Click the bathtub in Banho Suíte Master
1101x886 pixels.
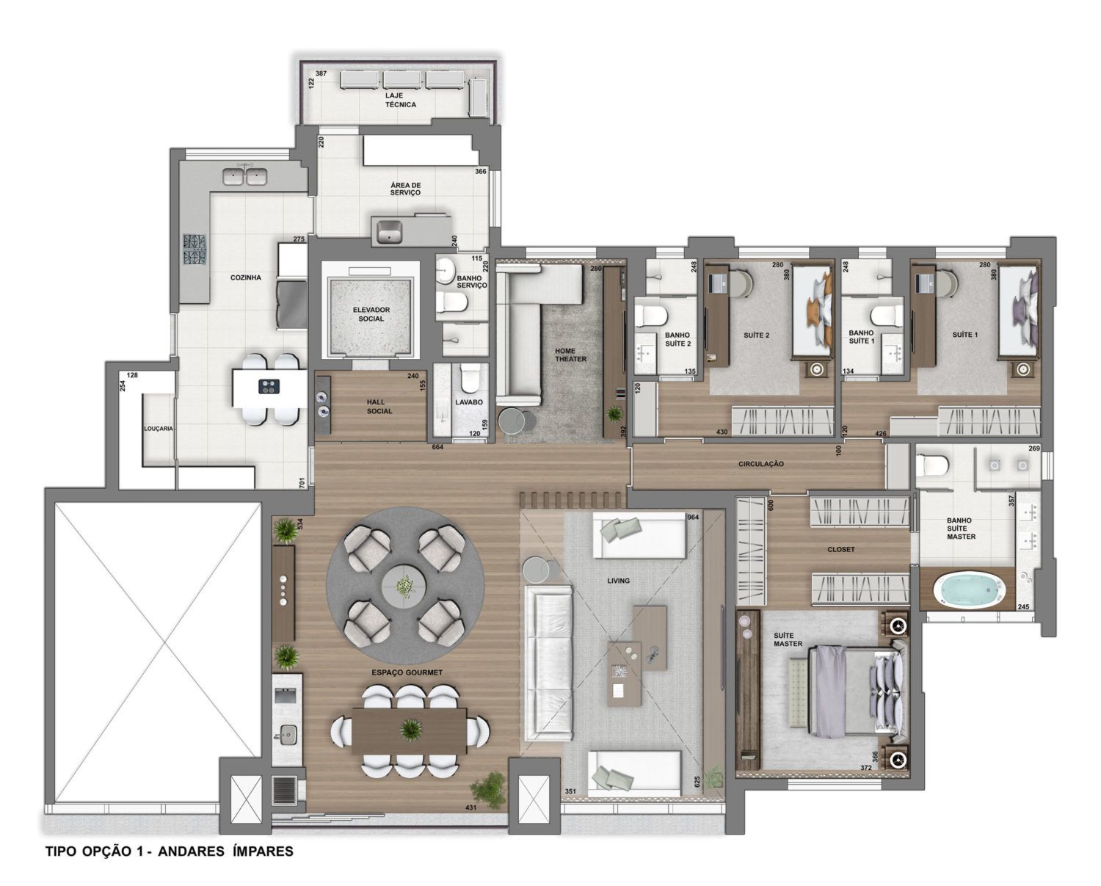[970, 589]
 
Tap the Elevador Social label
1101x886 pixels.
[371, 314]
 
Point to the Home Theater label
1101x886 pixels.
[570, 355]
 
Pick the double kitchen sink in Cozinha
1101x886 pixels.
[244, 177]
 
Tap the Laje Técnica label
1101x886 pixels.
[401, 100]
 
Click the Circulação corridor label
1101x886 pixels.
[760, 464]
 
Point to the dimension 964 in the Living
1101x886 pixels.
[693, 517]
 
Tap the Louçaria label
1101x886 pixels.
[159, 429]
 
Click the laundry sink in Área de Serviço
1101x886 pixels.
[390, 230]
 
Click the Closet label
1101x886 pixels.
[841, 549]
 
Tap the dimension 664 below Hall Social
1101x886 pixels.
[437, 447]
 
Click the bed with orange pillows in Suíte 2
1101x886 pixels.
[813, 312]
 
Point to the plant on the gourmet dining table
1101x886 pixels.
[410, 728]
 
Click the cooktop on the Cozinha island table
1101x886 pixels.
[269, 385]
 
